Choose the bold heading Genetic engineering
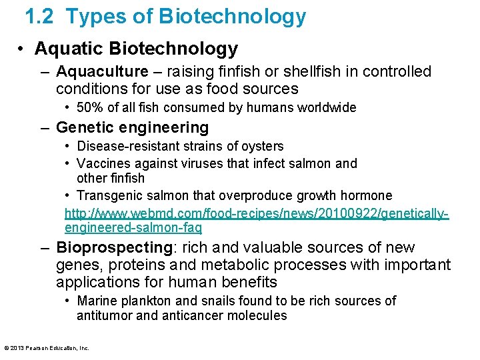[x=132, y=127]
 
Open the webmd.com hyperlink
[x=257, y=220]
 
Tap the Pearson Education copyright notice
[x=47, y=348]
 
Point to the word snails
[x=219, y=301]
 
